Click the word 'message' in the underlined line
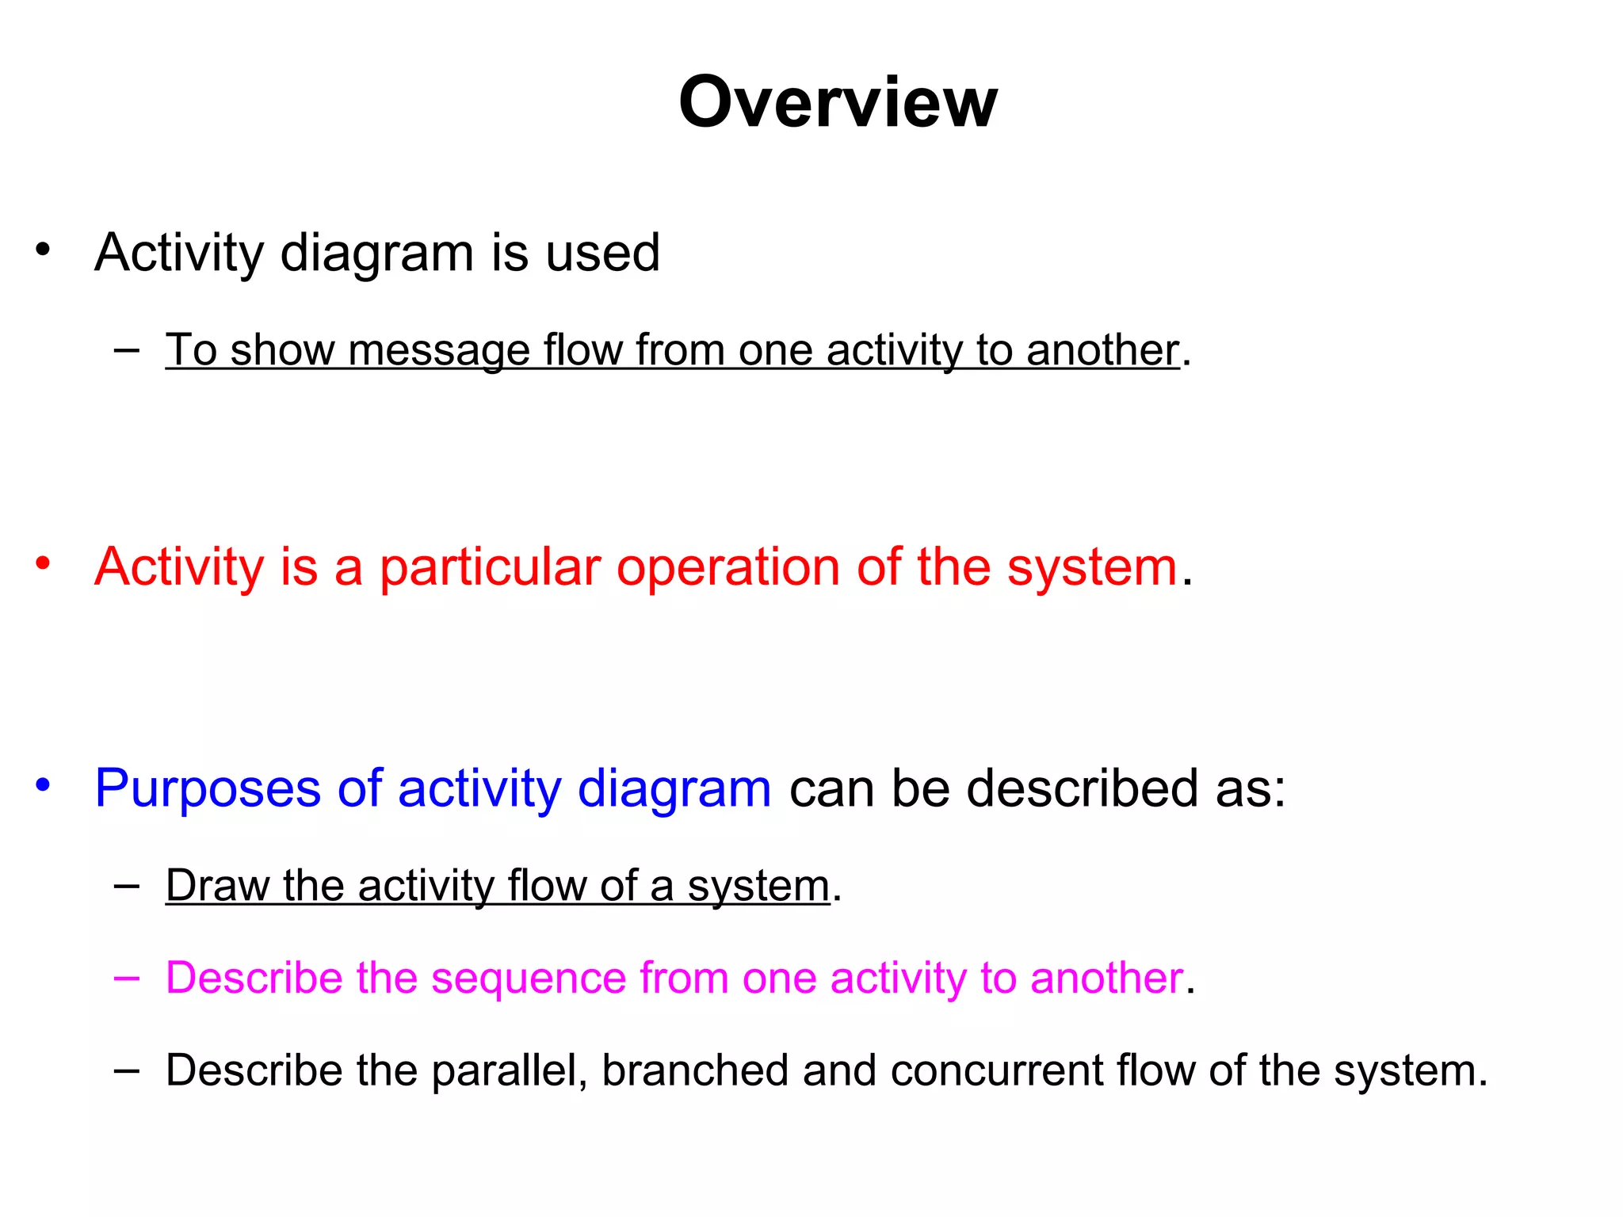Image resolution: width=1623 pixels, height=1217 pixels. coord(438,350)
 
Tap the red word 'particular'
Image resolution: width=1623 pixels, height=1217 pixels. coord(490,567)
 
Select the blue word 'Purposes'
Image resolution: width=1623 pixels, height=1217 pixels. coord(207,789)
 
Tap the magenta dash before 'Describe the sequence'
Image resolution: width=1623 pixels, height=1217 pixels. coord(127,978)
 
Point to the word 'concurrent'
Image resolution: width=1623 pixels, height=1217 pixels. coord(996,1070)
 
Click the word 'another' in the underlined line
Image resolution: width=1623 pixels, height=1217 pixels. coord(1102,350)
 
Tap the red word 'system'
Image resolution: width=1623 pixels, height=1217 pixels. coord(1092,567)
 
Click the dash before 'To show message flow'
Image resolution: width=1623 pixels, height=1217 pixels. coord(127,349)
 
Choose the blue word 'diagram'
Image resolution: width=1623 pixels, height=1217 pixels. coord(674,789)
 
